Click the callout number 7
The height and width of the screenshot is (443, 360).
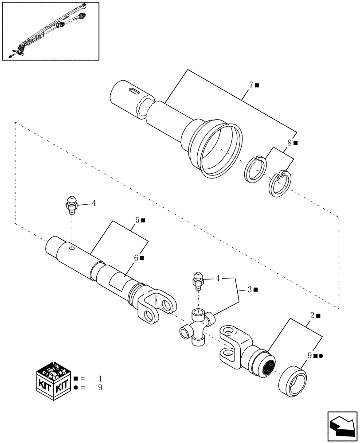tap(251, 85)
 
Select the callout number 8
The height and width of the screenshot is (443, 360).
tap(290, 143)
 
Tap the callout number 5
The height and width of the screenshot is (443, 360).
tap(138, 219)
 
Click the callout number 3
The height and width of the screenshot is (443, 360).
tap(250, 289)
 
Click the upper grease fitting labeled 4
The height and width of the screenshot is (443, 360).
tap(70, 204)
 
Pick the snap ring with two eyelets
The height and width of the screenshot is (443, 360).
tap(279, 184)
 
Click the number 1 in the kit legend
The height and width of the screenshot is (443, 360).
tap(100, 379)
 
